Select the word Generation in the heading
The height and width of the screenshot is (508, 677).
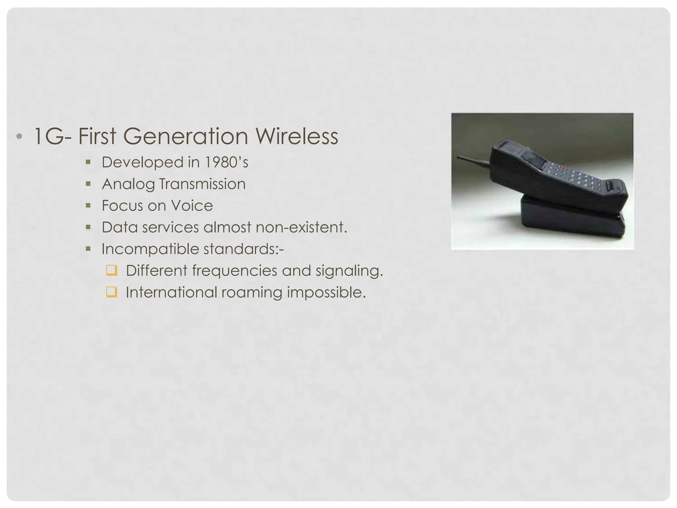(x=185, y=136)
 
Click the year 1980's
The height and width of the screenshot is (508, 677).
(x=226, y=162)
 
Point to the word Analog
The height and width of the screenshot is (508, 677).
(x=128, y=184)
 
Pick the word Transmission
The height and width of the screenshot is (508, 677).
(x=202, y=184)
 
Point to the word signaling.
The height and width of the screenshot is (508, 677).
(x=349, y=271)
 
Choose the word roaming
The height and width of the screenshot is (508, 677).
(x=252, y=292)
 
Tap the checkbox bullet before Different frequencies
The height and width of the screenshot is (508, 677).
(x=111, y=270)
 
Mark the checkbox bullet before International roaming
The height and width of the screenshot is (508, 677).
(x=111, y=292)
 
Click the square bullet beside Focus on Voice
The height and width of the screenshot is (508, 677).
(x=88, y=205)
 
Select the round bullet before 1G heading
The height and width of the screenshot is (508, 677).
(x=19, y=136)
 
